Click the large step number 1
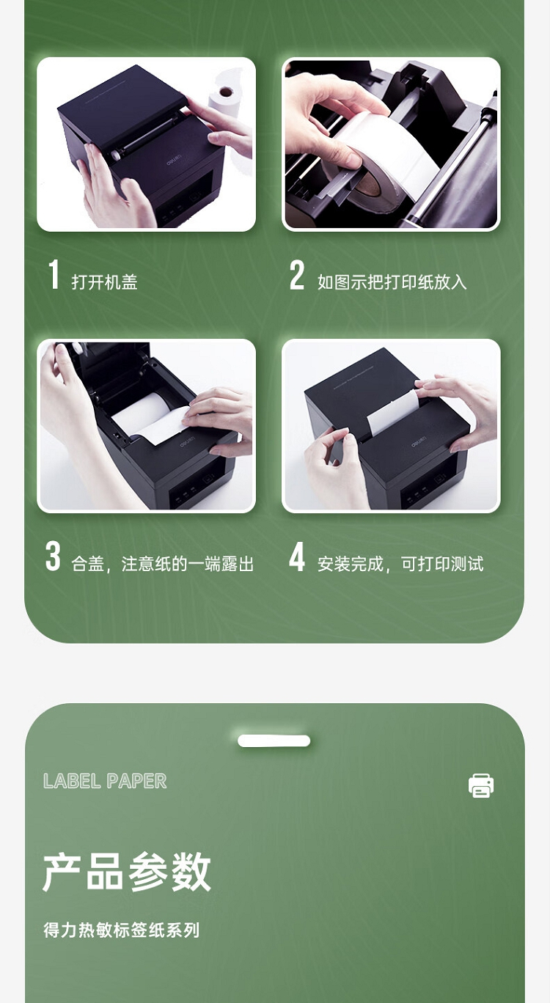54,274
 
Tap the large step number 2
296,275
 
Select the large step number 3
53,556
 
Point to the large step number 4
297,556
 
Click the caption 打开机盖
104,282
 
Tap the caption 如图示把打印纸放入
392,282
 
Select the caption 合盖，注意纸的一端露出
163,564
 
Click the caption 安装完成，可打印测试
400,564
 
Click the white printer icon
481,785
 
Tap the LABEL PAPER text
105,781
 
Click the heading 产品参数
126,871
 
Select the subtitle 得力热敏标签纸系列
122,930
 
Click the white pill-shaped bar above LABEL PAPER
274,741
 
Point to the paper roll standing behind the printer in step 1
224,100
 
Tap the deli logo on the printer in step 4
419,444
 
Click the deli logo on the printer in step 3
188,444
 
